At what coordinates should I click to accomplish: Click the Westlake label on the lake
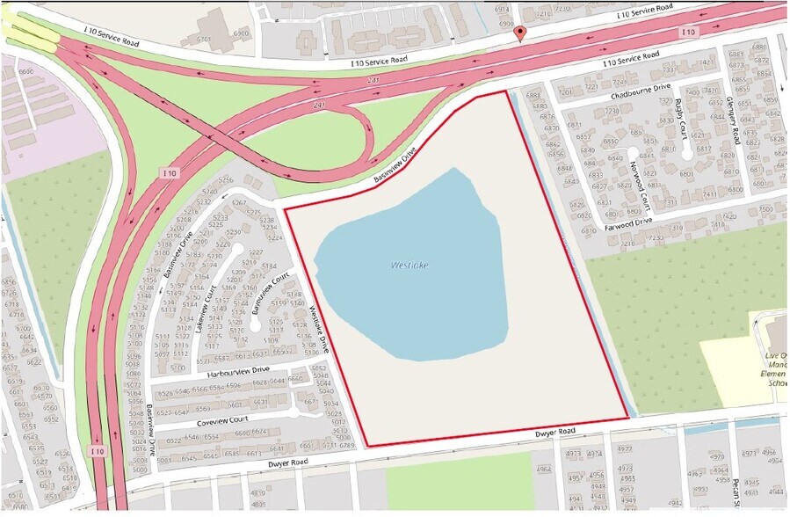pos(410,265)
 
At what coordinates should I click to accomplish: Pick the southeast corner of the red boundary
pos(627,417)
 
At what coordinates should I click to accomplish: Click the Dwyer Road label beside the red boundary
pos(554,432)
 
